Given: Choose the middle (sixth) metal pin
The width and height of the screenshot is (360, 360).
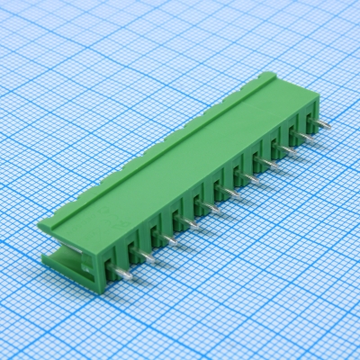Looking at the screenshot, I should (x=231, y=192).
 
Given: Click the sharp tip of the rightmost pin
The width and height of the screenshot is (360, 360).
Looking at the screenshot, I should (x=329, y=125).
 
